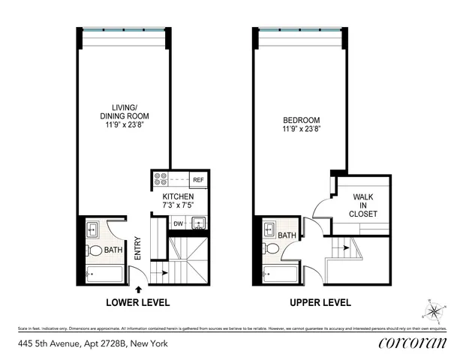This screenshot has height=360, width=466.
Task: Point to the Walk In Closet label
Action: (x=363, y=205)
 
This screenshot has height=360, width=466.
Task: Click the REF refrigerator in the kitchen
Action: (x=199, y=181)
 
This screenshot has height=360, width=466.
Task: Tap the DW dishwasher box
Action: (x=179, y=223)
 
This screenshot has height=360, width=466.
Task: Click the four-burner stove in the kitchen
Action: (x=161, y=180)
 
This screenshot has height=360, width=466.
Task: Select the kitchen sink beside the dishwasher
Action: (x=198, y=223)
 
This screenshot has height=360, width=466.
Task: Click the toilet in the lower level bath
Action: (x=94, y=250)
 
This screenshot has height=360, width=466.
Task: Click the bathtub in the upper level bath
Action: (x=281, y=274)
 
